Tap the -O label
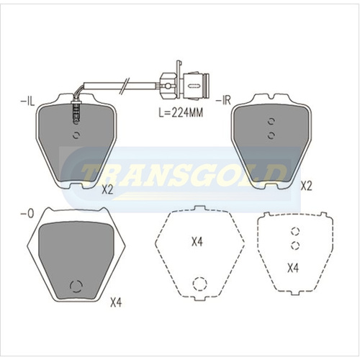(26, 215)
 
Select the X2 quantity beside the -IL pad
(108, 189)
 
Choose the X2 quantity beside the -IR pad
(305, 186)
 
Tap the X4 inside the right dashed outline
(293, 268)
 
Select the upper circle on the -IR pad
(271, 122)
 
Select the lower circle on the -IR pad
(271, 135)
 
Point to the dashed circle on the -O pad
(75, 287)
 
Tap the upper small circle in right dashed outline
(294, 232)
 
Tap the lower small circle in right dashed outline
(294, 245)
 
